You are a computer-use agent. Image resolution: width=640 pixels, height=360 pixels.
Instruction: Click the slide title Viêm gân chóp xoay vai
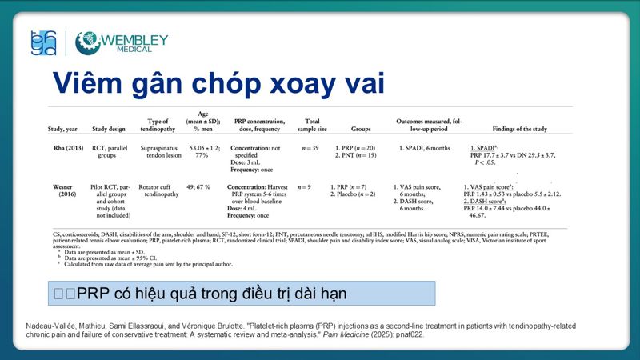218,83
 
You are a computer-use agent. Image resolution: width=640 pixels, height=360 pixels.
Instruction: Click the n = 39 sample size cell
304,148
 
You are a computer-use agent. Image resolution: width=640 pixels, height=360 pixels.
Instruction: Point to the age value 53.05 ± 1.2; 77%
203,153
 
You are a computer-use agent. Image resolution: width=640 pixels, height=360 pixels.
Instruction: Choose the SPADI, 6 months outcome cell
423,148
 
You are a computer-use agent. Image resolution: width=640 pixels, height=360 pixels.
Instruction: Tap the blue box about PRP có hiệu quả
241,294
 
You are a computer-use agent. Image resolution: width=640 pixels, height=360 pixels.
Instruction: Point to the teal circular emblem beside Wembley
86,42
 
